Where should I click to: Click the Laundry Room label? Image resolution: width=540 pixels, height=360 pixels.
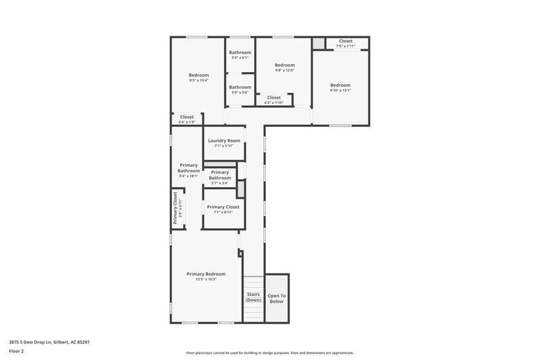pos(224,140)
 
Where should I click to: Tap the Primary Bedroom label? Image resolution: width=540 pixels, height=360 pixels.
pos(206,274)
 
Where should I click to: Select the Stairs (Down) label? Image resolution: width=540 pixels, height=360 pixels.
pos(253,297)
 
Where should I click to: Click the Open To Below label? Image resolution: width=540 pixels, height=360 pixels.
pos(277,299)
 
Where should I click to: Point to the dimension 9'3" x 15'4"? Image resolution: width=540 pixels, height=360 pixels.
pos(198,80)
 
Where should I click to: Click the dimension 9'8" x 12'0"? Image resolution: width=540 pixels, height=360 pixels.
pos(284,70)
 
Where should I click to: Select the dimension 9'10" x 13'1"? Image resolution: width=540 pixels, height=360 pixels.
pos(340,91)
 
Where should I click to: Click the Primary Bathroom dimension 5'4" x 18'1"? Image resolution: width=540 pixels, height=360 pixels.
pos(188,176)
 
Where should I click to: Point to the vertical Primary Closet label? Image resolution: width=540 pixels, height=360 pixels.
pos(175,207)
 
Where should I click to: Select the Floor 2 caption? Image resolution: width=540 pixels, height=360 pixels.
pos(16,351)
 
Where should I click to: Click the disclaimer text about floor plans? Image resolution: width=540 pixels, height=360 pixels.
pos(269,353)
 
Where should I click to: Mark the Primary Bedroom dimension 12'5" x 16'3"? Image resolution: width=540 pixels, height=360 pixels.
pos(206,280)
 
